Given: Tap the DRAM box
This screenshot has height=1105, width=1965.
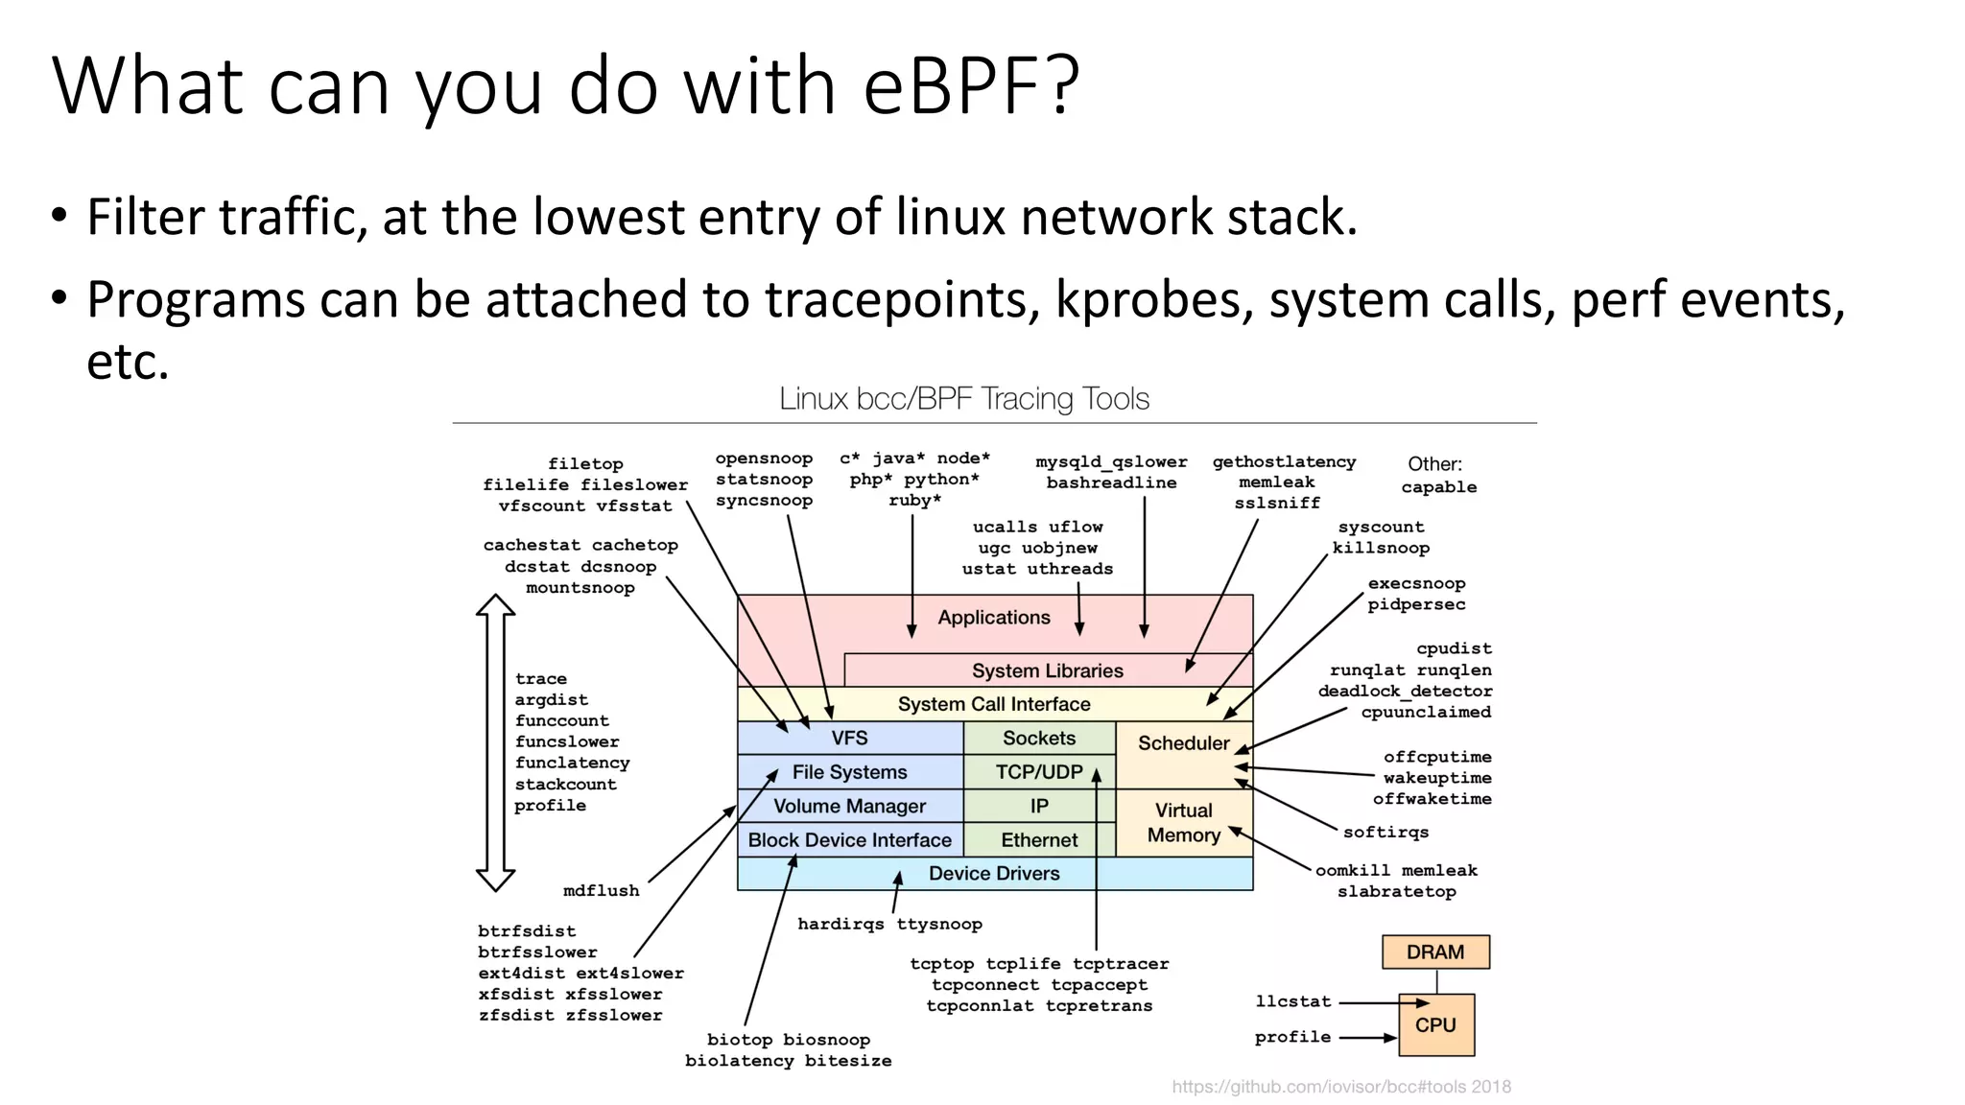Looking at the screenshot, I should pos(1435,952).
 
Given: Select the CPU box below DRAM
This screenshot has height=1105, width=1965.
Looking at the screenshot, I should pos(1435,1024).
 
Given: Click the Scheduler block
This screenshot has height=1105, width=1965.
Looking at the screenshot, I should pos(1183,743).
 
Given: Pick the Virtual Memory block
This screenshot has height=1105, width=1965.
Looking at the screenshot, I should pos(1183,823).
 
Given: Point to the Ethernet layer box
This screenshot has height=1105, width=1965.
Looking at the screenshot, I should pos(1039,840).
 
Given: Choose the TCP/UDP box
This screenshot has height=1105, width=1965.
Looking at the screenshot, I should pos(1039,772).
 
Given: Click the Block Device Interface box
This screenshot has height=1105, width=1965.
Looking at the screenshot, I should pos(849,840).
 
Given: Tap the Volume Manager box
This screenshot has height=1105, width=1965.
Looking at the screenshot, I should pos(849,807).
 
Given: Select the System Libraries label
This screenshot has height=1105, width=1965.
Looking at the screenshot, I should pos(1047,670).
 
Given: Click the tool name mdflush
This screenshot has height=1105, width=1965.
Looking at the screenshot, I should pos(601,891).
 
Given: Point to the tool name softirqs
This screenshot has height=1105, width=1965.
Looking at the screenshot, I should pos(1385,833).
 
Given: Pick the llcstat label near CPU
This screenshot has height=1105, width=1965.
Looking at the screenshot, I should pos(1293,1001).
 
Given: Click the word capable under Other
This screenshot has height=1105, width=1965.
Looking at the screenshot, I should pos(1438,487).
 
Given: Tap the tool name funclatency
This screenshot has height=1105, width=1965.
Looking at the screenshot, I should pos(572,764).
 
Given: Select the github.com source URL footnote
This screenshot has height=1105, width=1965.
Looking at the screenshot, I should pos(1340,1087).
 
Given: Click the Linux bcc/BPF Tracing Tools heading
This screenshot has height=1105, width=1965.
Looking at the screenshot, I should pos(963,399).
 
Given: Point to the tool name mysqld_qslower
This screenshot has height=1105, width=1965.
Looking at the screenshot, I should pos(1111,462).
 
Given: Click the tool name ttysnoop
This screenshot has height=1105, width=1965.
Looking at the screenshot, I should pos(939,925).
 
